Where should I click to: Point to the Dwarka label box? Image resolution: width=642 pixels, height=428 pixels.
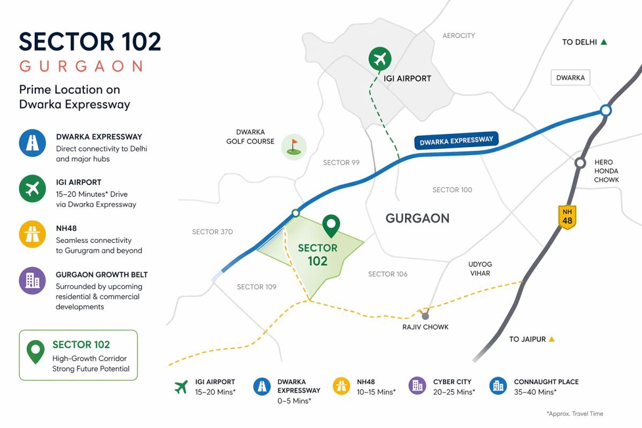point(570,78)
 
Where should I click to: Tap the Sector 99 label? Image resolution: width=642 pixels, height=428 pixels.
point(341,163)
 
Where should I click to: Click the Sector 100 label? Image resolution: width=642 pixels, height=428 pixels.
point(453,190)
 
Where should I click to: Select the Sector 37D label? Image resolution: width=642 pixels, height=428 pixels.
point(212,232)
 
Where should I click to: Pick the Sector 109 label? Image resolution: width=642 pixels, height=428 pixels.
point(257,287)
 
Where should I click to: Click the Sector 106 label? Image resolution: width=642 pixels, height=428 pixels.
point(388,274)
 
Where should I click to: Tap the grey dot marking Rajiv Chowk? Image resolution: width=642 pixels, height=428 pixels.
point(425,316)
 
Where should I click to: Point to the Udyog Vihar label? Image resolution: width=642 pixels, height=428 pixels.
point(480,269)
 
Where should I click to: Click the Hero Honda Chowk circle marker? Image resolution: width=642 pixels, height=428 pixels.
point(580,163)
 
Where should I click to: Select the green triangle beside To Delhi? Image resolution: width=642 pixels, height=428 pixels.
point(604,42)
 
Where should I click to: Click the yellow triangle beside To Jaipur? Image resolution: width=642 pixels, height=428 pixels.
point(552,339)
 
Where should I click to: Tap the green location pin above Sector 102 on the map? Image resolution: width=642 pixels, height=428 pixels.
point(332,226)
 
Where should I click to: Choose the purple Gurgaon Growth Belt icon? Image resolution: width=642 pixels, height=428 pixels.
point(32,280)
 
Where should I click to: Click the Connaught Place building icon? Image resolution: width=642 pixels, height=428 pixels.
point(498,386)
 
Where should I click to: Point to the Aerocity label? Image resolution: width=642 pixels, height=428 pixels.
point(458,36)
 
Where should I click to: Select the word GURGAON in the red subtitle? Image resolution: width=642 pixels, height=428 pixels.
point(81,66)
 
